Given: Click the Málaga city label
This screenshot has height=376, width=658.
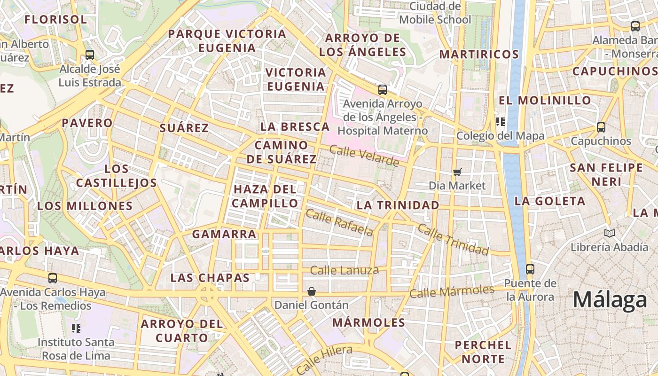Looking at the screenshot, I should [610, 299].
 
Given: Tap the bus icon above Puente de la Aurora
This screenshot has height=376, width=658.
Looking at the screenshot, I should [530, 269].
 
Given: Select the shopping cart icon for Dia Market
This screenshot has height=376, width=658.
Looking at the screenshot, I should [457, 172].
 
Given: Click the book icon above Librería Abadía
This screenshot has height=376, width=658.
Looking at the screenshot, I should [610, 233].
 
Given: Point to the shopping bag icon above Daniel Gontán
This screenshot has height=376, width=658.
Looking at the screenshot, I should [311, 292].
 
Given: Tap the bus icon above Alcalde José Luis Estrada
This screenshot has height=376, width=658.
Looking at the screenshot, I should [89, 55].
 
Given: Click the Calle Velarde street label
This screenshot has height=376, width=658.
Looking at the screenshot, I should [364, 156].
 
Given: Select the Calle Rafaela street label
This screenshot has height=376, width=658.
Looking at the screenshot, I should [339, 223].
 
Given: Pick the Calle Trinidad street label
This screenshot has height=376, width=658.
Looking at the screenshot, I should [453, 240].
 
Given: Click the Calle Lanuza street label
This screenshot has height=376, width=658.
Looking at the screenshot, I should [345, 270].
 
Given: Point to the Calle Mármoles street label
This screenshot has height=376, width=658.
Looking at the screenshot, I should [452, 291].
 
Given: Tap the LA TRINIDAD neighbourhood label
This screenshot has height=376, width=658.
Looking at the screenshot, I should [398, 205].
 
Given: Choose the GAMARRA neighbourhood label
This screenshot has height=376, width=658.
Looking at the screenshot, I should [225, 234].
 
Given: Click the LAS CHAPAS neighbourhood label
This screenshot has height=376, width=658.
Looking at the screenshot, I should [210, 278].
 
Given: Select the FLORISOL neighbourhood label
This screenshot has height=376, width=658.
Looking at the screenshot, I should [55, 20].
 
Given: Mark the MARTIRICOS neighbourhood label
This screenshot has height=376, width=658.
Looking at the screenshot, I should [479, 55].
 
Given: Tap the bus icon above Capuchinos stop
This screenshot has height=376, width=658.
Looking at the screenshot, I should [601, 127].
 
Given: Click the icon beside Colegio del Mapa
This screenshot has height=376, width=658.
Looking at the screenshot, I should [501, 122].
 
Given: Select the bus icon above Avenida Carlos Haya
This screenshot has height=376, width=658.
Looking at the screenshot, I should [53, 278].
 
